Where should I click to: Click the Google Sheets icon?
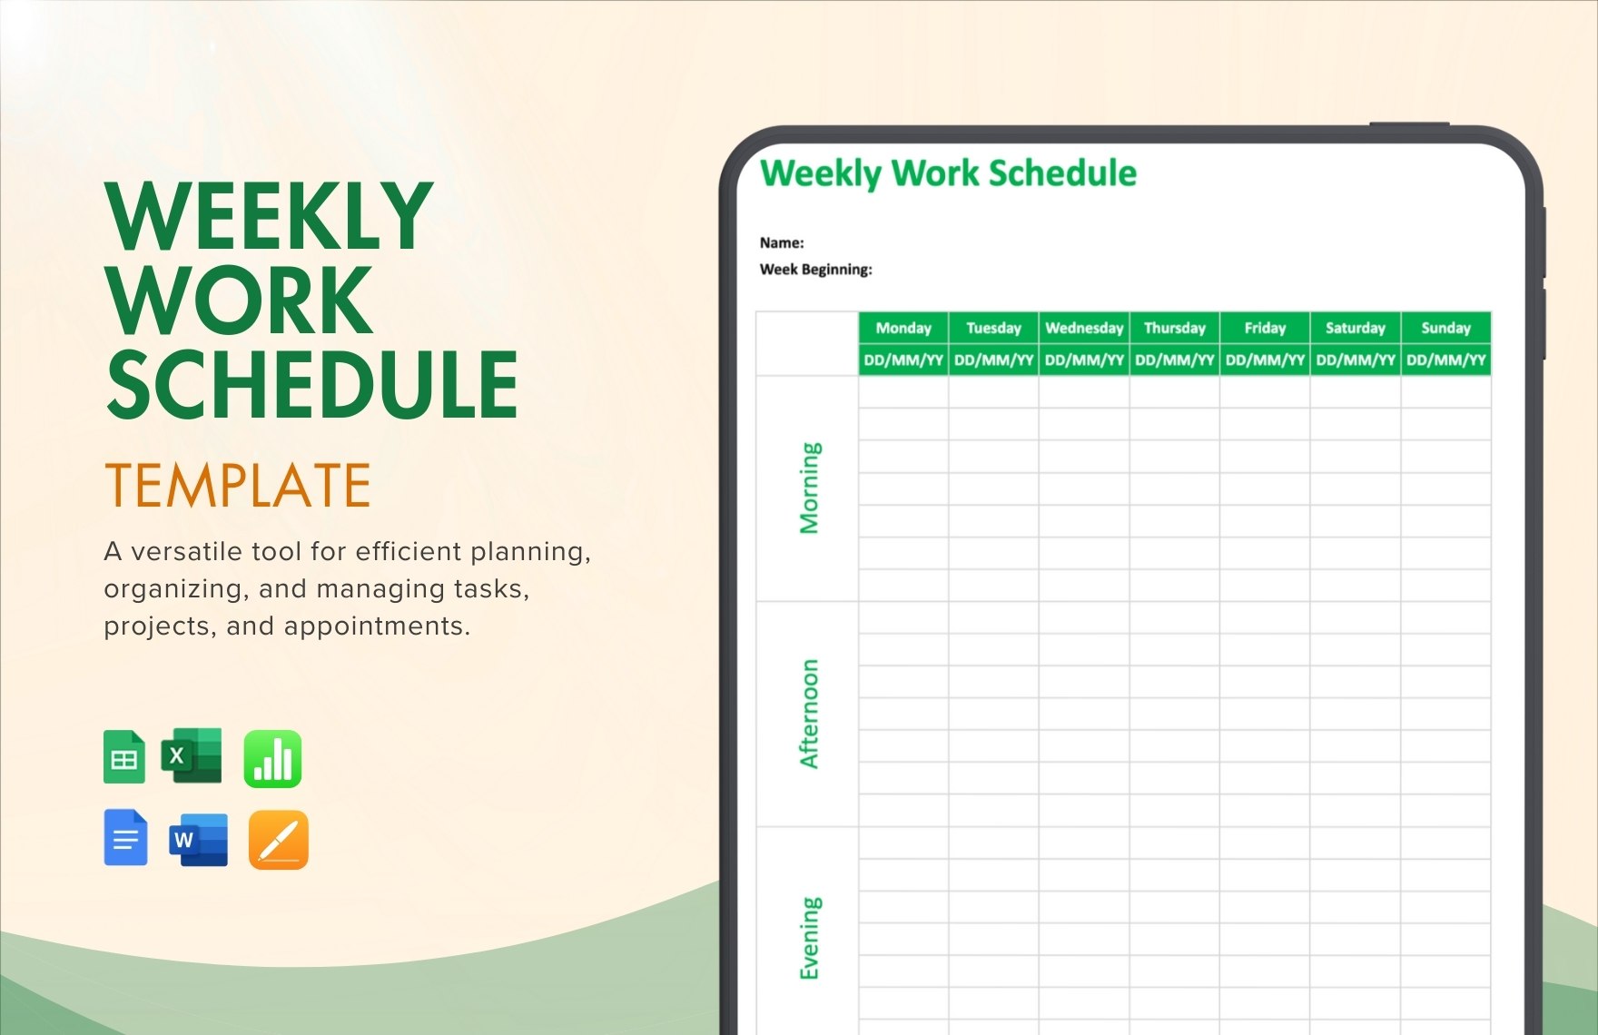(x=124, y=757)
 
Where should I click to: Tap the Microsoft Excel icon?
(x=192, y=755)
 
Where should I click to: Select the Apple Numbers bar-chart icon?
(x=272, y=758)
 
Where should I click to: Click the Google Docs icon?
(x=125, y=837)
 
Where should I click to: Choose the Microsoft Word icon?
(x=198, y=840)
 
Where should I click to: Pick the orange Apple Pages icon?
(x=278, y=840)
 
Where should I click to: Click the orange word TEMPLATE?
(x=238, y=486)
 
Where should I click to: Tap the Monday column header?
(x=903, y=328)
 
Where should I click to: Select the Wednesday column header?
(x=1084, y=328)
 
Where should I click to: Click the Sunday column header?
(x=1445, y=328)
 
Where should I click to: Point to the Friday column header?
(x=1265, y=328)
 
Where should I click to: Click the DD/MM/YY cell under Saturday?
(x=1355, y=360)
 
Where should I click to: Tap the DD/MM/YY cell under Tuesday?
(x=993, y=360)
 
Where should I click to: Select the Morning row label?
(x=808, y=488)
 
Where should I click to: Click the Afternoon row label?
(x=808, y=714)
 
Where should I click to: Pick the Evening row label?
(x=808, y=938)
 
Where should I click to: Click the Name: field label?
(x=782, y=242)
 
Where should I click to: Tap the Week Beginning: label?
(x=815, y=270)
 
